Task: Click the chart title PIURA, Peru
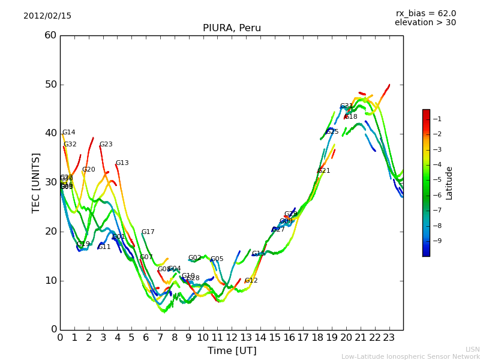tap(232, 28)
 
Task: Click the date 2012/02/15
tap(47, 16)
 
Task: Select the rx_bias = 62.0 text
tap(425, 14)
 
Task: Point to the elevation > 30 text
tap(425, 23)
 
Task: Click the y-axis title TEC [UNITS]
tap(37, 182)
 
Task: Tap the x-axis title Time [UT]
tap(232, 350)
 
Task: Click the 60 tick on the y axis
tap(50, 35)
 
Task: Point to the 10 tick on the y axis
tap(50, 280)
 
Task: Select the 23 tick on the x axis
tap(389, 337)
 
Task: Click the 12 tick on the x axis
tap(232, 337)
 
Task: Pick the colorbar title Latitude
tap(449, 182)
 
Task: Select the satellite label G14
tap(69, 133)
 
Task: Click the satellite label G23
tap(106, 145)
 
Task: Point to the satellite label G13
tap(122, 163)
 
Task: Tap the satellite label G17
tap(148, 232)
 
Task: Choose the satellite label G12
tap(251, 281)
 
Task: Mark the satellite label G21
tap(324, 171)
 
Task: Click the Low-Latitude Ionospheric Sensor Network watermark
tap(410, 356)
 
